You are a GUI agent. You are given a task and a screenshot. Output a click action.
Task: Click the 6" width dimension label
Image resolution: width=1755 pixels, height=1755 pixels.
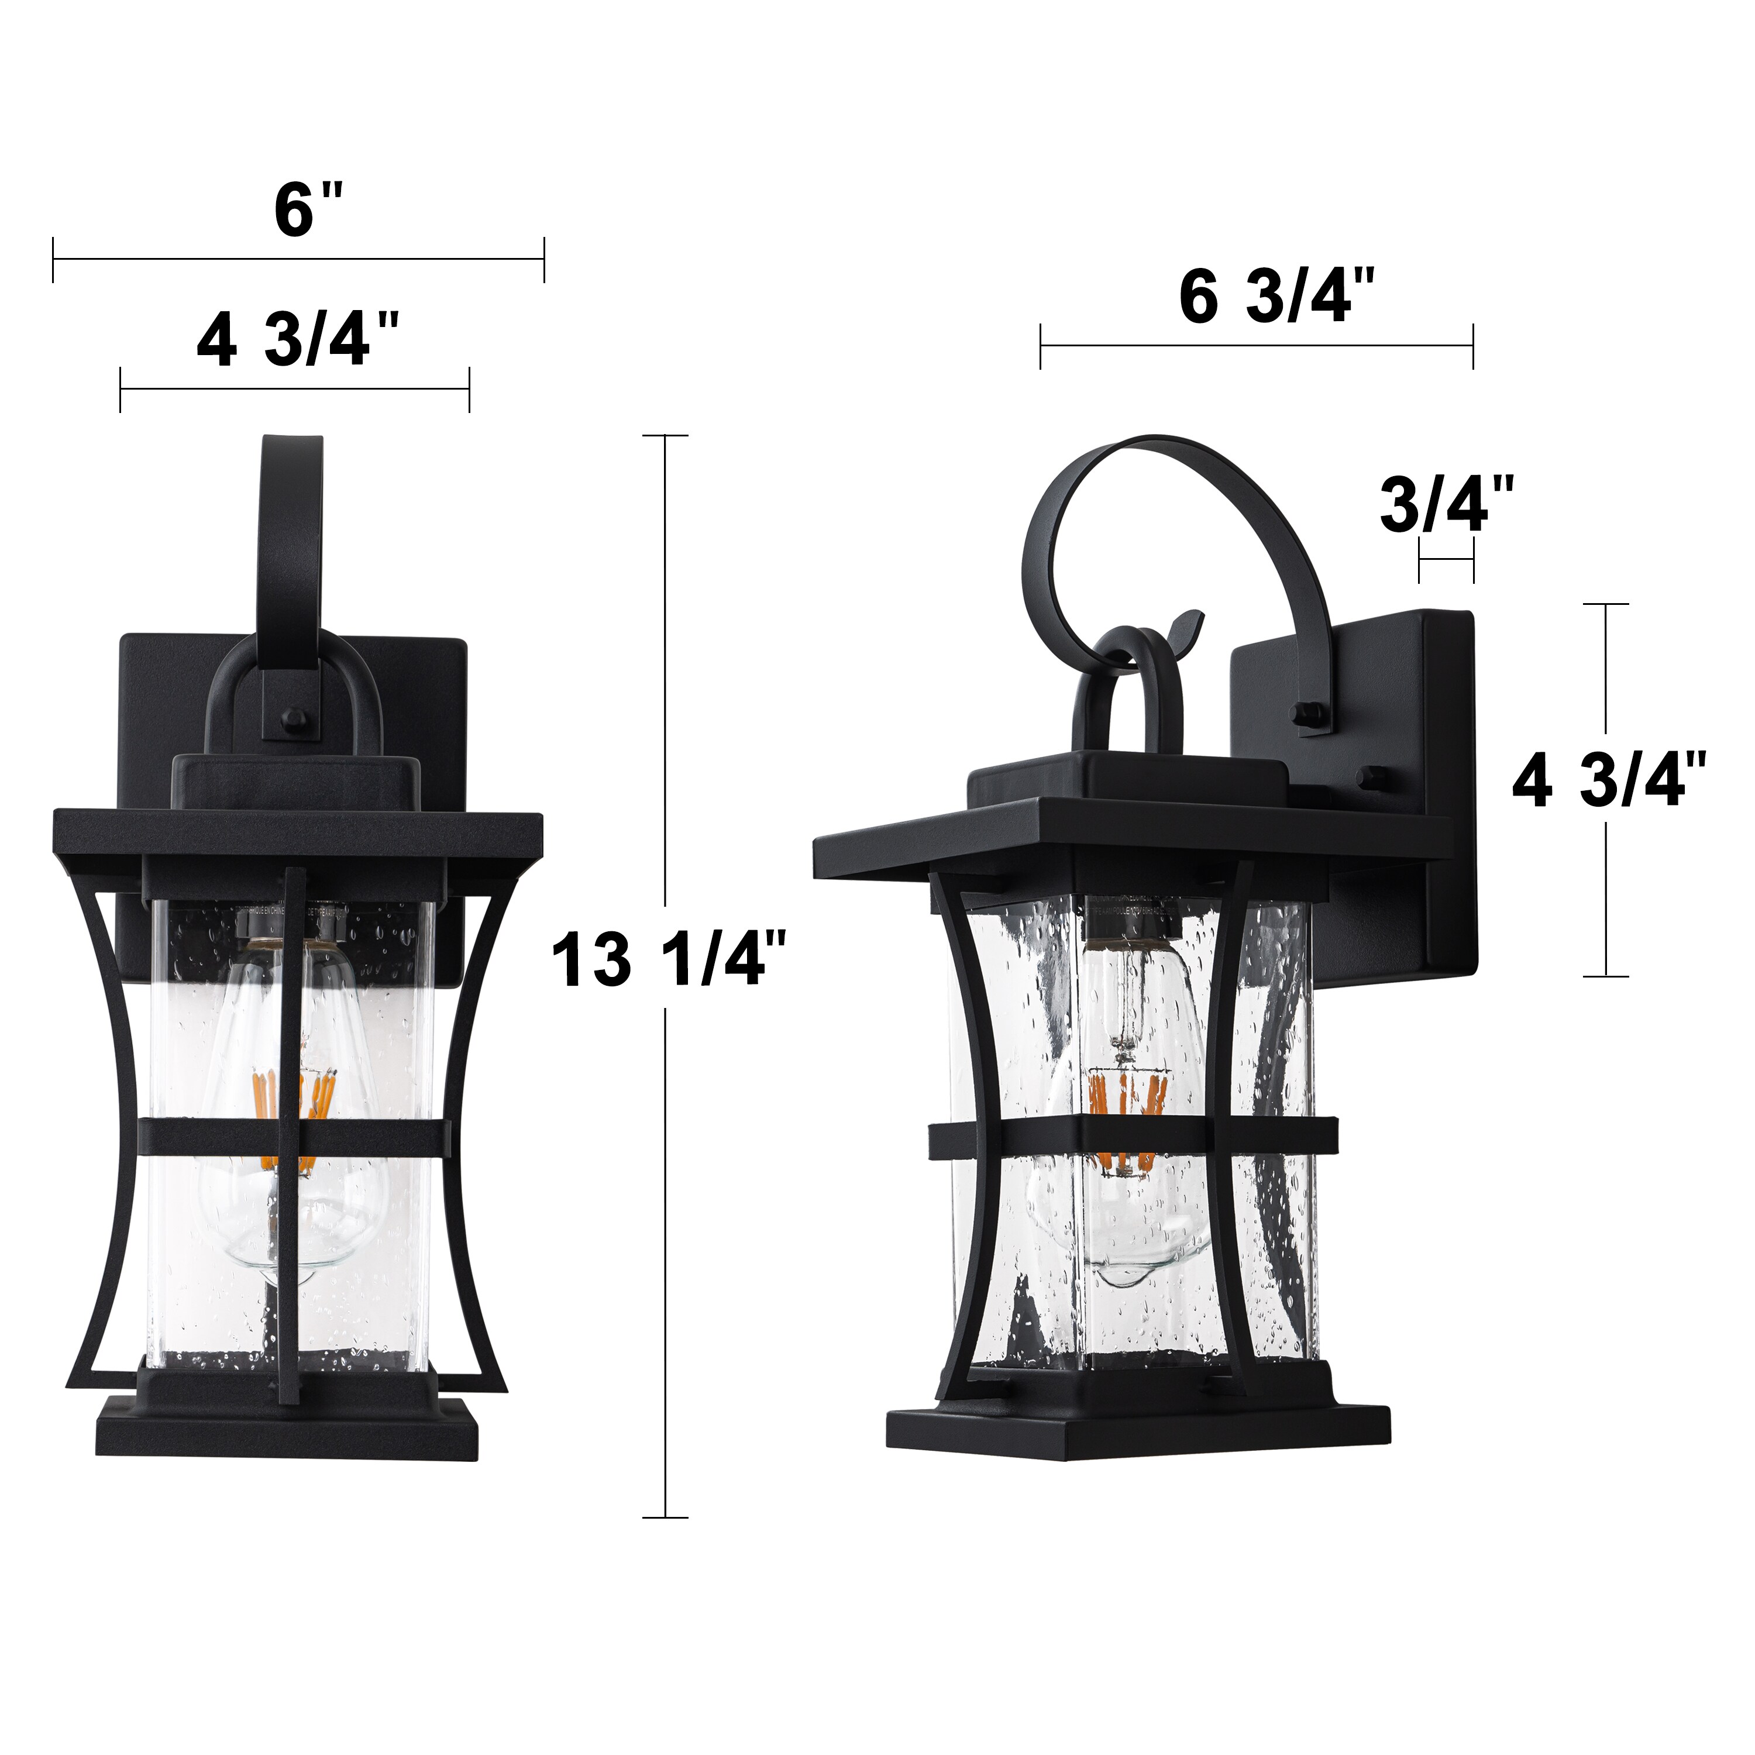[x=309, y=211]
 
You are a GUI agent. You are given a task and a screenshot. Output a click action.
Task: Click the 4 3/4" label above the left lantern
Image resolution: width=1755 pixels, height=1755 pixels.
[x=297, y=340]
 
